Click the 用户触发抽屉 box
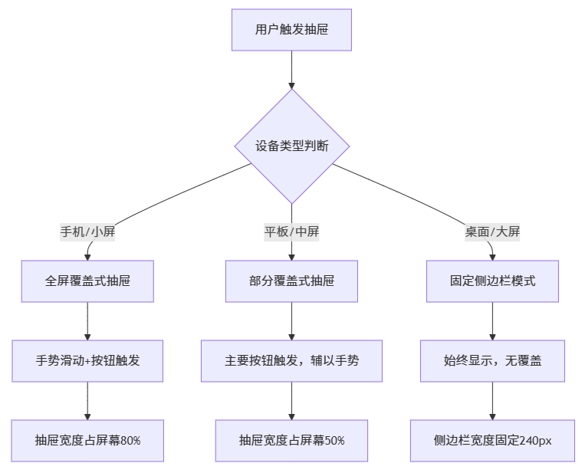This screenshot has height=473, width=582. click(x=291, y=30)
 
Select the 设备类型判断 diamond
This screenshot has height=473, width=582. click(x=291, y=146)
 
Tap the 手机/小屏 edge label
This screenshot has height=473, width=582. click(x=87, y=232)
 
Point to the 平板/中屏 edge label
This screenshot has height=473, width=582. click(x=291, y=232)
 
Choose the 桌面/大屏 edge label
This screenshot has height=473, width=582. click(x=492, y=232)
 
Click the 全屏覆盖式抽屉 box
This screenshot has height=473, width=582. click(x=87, y=281)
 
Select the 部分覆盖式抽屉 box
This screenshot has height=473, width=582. click(x=291, y=281)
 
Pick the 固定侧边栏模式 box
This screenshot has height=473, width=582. click(x=492, y=281)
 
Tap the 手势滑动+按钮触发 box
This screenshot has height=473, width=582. click(x=87, y=360)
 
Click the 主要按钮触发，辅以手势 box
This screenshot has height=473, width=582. click(x=291, y=360)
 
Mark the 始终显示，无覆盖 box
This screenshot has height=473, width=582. click(x=492, y=360)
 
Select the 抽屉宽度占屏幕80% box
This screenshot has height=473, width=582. click(x=87, y=440)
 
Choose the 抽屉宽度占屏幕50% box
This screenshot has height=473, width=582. click(x=291, y=440)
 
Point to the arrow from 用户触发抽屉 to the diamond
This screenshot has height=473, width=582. click(x=291, y=70)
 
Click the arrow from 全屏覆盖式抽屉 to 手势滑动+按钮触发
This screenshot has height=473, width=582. click(x=87, y=320)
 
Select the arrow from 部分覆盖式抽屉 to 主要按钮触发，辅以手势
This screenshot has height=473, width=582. click(x=291, y=320)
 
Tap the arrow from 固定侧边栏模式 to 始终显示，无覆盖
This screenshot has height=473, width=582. click(x=492, y=320)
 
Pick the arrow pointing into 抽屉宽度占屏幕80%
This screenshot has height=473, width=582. click(x=87, y=400)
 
